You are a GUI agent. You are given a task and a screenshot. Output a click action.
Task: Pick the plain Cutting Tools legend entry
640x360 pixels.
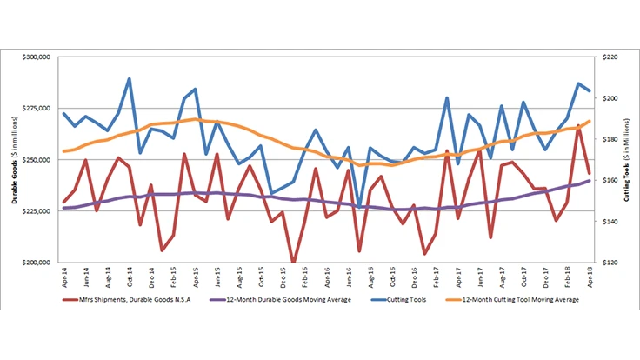click(409, 299)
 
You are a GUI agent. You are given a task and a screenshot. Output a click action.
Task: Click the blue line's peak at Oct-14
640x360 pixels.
click(130, 79)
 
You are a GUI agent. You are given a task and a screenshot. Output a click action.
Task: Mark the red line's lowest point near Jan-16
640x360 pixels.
click(293, 262)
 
